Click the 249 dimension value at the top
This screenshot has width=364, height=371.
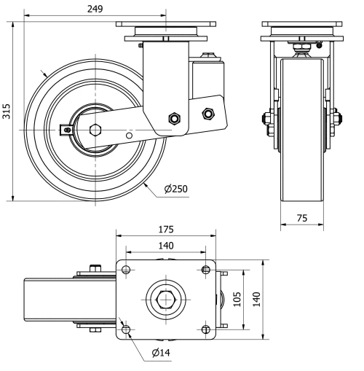click(x=94, y=9)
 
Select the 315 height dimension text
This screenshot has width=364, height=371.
click(x=7, y=111)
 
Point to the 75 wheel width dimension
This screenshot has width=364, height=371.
click(x=302, y=219)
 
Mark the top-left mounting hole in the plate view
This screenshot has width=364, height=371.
click(x=127, y=270)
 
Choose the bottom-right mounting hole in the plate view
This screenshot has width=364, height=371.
click(x=206, y=330)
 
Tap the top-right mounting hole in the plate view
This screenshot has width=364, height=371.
click(x=206, y=270)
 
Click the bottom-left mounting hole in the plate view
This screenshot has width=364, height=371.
click(x=127, y=330)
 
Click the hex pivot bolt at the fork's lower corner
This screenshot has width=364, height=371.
click(x=173, y=118)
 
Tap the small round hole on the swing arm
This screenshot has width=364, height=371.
click(x=129, y=134)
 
